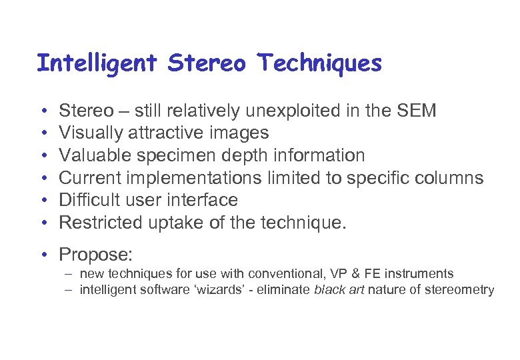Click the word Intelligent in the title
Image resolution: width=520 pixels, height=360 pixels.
(x=97, y=63)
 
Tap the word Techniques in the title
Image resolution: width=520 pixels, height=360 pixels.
(x=320, y=63)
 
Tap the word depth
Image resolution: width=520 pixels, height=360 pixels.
(x=239, y=155)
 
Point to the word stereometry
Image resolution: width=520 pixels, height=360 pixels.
(x=460, y=289)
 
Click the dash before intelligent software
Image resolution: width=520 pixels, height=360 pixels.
(x=69, y=289)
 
